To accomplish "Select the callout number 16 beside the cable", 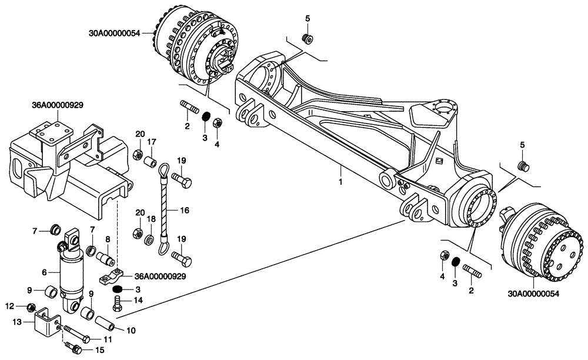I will [x=184, y=209].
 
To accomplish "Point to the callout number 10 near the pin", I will [x=131, y=330].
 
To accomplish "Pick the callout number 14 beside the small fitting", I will [x=139, y=300].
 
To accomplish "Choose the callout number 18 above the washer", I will [x=151, y=218].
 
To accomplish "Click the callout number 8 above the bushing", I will [x=108, y=239].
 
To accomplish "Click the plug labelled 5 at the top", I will [x=306, y=39].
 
